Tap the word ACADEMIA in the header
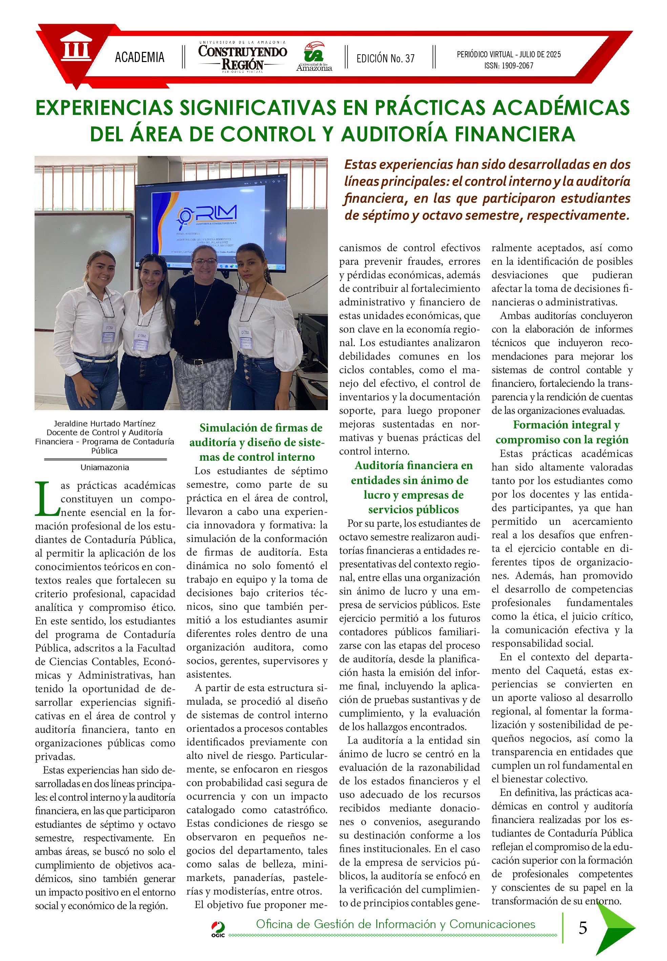pyautogui.click(x=140, y=57)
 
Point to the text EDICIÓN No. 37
pyautogui.click(x=385, y=59)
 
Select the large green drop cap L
pyautogui.click(x=47, y=498)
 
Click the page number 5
pyautogui.click(x=583, y=928)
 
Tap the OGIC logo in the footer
pyautogui.click(x=218, y=929)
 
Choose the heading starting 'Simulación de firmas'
pyautogui.click(x=256, y=442)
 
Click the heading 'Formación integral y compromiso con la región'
pyautogui.click(x=562, y=432)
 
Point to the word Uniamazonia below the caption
pyautogui.click(x=104, y=467)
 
